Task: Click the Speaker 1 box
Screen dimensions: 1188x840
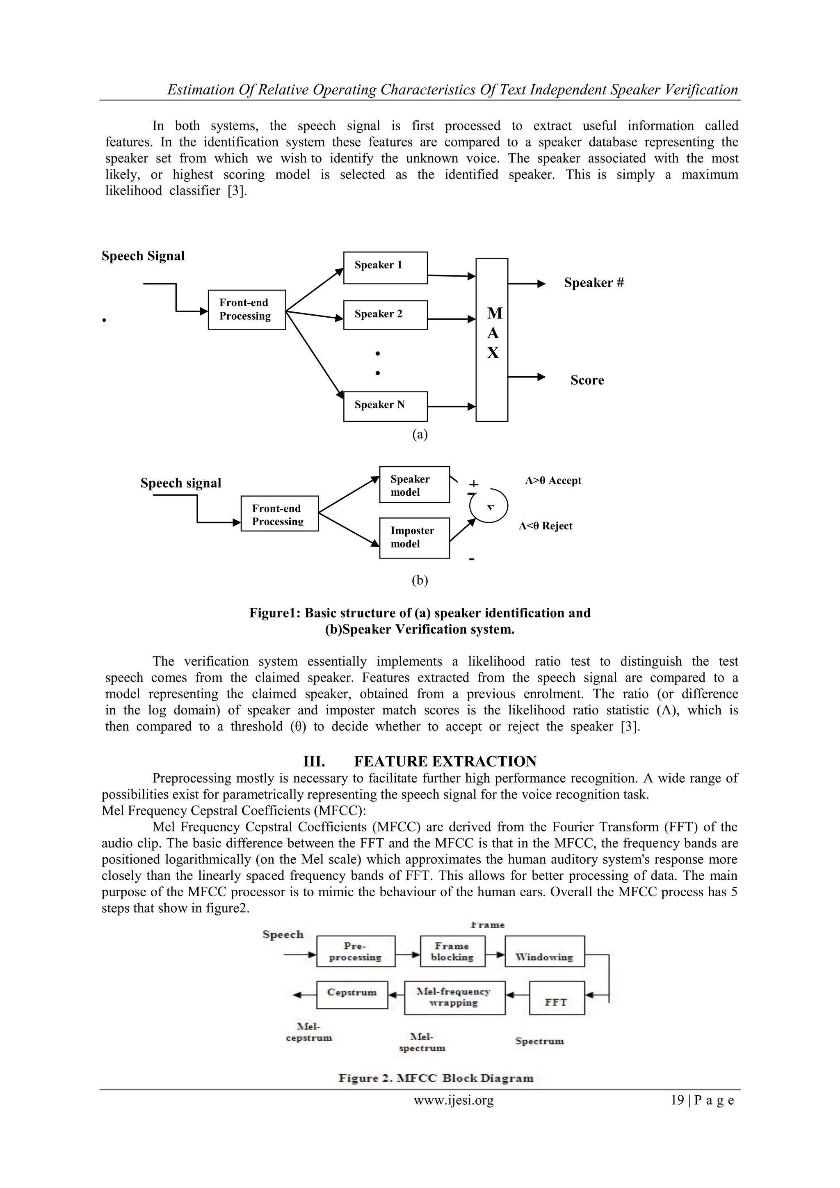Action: coord(386,268)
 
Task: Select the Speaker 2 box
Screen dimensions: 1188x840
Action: coord(386,315)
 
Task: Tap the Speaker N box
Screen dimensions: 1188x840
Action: coord(386,406)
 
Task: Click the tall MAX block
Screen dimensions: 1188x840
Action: coord(492,339)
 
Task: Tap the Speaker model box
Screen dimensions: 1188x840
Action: coord(414,484)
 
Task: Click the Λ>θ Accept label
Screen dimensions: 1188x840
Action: coord(553,481)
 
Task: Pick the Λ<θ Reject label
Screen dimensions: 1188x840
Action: coord(545,526)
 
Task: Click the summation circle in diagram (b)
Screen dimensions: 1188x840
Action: coord(489,506)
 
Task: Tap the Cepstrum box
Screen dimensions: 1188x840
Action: coord(352,994)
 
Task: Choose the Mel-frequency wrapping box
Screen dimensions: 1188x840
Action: coord(454,997)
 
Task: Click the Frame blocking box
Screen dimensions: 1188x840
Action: coord(452,951)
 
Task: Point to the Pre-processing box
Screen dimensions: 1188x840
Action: coord(355,951)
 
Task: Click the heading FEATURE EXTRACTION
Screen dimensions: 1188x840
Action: coord(445,761)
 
